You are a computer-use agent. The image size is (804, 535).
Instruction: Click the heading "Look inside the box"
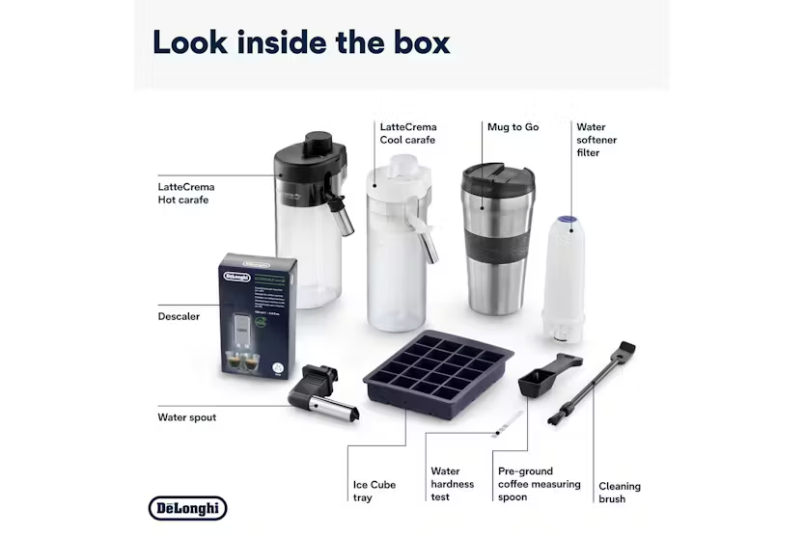coord(300,43)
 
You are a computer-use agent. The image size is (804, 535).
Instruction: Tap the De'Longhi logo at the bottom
coord(187,508)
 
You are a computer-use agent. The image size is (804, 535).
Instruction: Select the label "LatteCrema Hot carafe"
coord(186,193)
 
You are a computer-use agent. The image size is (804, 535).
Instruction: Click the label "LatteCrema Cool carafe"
coord(407,133)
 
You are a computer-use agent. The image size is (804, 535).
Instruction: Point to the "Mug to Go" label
coord(513,127)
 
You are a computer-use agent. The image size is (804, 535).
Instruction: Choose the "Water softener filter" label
coord(596,140)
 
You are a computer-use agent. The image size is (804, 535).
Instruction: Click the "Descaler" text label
coord(179,316)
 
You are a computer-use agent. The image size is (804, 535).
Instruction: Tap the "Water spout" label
coord(186,418)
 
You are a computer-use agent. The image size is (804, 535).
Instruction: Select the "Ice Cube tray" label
coord(374,492)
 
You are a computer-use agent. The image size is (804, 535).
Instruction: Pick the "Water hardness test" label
coord(453,484)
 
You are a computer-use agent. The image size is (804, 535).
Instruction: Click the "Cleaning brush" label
coord(619,493)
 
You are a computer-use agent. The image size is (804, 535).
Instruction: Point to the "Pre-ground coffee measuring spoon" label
coord(539,484)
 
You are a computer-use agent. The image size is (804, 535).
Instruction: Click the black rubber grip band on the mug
coord(495,254)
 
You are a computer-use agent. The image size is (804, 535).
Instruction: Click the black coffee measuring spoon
coord(541,379)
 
